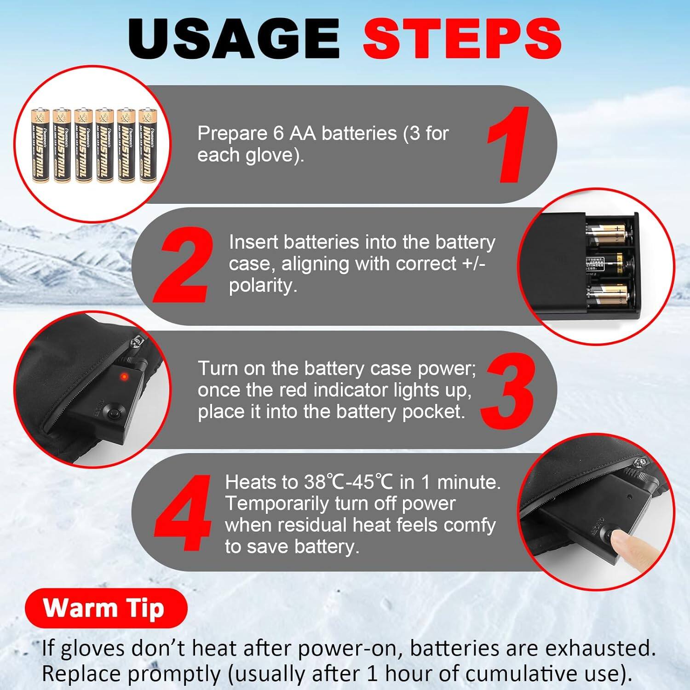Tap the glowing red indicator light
coord(123,377)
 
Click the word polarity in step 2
coord(262,286)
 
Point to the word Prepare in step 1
coord(232,134)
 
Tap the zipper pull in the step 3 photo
coord(136,341)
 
